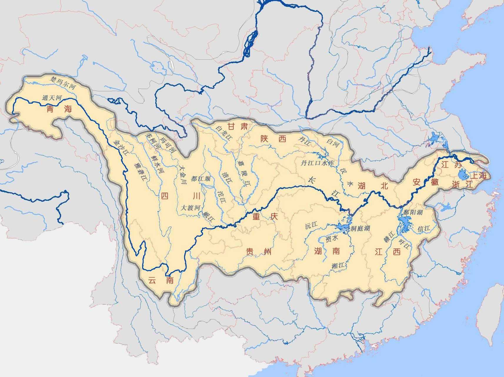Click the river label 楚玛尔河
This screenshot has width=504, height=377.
(63, 83)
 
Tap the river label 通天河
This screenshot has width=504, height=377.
(52, 98)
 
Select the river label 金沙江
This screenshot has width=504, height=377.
(121, 148)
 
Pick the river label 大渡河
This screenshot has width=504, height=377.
(190, 207)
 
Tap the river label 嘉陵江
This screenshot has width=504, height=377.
(244, 173)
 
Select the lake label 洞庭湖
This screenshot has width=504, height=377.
(360, 228)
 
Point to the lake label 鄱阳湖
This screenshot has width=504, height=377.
(413, 212)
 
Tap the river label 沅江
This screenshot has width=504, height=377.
(311, 226)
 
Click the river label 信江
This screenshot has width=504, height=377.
(424, 229)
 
